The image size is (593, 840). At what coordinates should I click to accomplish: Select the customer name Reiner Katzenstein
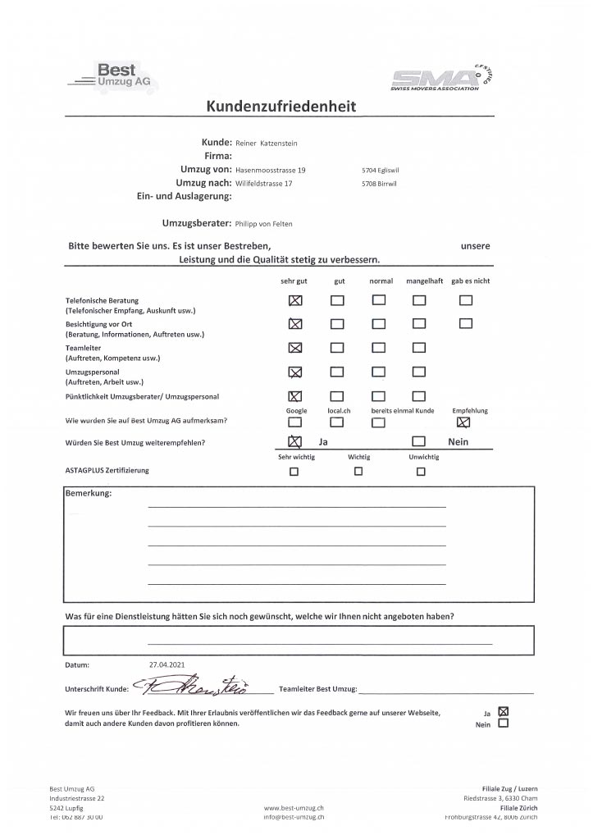[x=267, y=143]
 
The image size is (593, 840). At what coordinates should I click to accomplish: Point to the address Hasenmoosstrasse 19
[x=271, y=170]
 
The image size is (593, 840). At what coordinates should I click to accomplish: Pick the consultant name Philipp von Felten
[x=263, y=223]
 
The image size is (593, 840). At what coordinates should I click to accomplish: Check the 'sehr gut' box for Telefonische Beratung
[x=295, y=300]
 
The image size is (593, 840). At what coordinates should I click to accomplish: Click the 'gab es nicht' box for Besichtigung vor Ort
[x=466, y=323]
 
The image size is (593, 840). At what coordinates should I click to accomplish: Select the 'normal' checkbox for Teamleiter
[x=378, y=347]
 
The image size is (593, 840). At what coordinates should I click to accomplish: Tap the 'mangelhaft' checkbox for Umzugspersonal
[x=419, y=371]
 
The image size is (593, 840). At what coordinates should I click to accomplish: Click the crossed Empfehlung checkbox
[x=464, y=422]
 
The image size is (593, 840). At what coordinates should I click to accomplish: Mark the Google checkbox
[x=295, y=422]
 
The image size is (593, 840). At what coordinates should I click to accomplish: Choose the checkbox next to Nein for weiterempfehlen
[x=418, y=442]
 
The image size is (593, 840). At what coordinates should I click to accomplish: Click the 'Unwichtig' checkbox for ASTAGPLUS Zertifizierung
[x=421, y=472]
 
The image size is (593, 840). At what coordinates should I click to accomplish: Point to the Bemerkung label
[x=88, y=494]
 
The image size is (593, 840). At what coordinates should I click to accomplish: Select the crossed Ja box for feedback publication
[x=504, y=711]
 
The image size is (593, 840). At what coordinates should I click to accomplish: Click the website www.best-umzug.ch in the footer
[x=293, y=808]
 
